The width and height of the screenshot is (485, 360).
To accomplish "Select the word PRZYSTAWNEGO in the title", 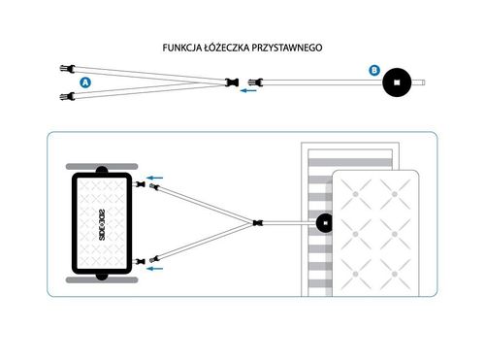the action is [x=287, y=48].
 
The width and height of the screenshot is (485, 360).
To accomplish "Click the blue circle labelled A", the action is [x=85, y=82].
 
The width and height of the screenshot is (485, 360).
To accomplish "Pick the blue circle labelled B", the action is [x=374, y=70].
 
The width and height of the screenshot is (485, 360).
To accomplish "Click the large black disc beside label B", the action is [x=397, y=82].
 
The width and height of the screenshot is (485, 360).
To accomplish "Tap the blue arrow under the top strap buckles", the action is [x=248, y=91].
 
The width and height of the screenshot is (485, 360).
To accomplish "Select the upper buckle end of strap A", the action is [x=68, y=69].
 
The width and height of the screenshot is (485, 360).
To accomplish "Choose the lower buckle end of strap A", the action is [x=68, y=96].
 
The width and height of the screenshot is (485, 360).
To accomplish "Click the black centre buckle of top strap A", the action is [x=232, y=82].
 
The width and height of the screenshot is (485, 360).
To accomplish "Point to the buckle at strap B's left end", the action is [x=255, y=82].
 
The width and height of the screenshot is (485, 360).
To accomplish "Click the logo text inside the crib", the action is [x=102, y=224].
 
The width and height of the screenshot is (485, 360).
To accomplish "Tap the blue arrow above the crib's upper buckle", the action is [x=155, y=178].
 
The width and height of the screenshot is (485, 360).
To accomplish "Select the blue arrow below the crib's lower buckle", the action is [x=155, y=269].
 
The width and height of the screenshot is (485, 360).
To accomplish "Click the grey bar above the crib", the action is [x=102, y=167].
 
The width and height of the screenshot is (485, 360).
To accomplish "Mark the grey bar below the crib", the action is [x=102, y=280].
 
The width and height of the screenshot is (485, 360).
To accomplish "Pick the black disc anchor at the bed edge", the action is [x=325, y=223].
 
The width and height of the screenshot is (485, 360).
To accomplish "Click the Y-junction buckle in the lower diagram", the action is [x=258, y=223].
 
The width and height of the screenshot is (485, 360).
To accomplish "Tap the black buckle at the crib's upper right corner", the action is [x=141, y=184].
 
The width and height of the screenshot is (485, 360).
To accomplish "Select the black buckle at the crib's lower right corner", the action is [x=141, y=261].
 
